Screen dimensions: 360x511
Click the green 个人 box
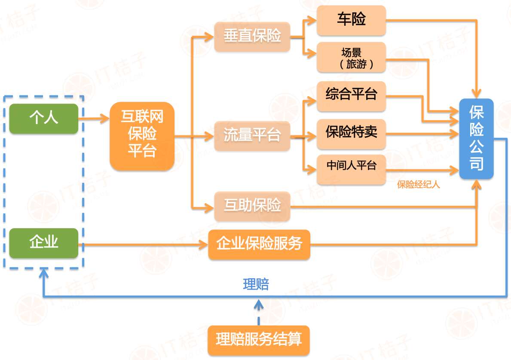(x=44, y=119)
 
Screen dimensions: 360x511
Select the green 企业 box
(x=44, y=243)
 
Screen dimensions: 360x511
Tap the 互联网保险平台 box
(x=142, y=136)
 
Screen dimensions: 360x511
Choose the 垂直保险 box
(x=252, y=37)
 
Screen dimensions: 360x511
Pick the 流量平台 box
(x=252, y=136)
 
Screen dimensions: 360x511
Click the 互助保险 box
(x=252, y=206)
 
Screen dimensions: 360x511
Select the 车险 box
(x=351, y=20)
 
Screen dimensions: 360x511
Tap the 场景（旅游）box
(x=351, y=58)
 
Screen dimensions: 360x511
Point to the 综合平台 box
(x=351, y=95)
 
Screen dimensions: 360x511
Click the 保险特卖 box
(x=351, y=131)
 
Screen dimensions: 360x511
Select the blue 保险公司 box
(x=476, y=139)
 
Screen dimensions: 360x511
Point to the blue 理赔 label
(x=256, y=284)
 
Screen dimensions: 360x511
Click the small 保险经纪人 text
(x=419, y=185)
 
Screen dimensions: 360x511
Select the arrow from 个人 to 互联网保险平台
(x=94, y=118)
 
